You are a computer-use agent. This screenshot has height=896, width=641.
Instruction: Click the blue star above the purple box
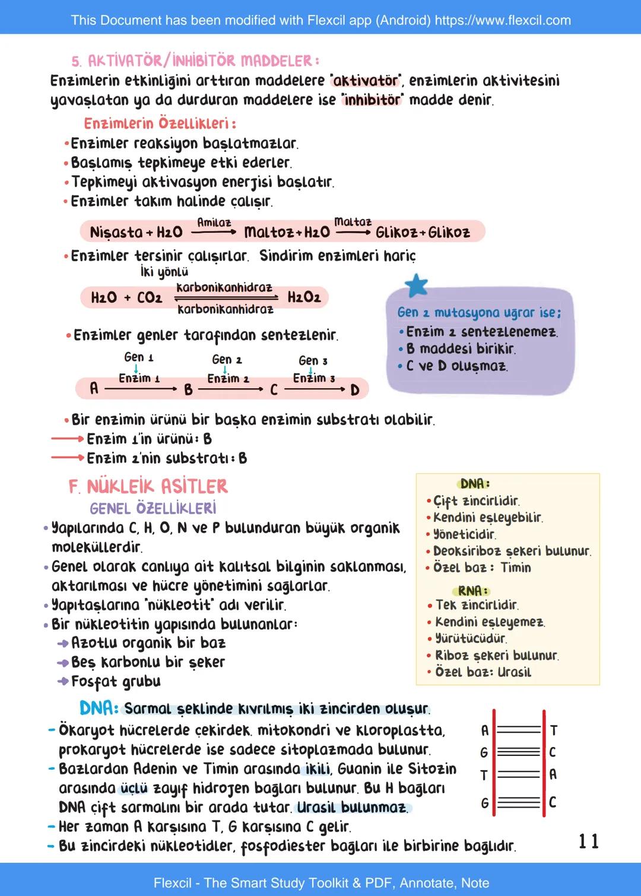[x=417, y=286]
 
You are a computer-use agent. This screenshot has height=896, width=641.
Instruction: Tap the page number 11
[x=589, y=841]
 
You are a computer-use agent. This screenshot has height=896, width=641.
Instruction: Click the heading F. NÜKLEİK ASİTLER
[x=148, y=487]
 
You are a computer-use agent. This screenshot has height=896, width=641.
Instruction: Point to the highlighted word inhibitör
[x=372, y=100]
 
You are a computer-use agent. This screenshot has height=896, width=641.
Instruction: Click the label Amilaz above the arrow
[x=214, y=223]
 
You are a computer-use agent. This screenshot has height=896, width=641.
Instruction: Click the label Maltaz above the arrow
[x=353, y=222]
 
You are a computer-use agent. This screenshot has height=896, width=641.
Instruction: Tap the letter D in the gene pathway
[x=355, y=390]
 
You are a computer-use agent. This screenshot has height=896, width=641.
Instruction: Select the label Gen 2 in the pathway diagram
[x=227, y=360]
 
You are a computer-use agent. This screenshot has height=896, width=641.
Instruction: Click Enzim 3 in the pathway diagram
[x=313, y=378]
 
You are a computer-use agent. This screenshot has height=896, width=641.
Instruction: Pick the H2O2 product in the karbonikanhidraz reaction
[x=304, y=297]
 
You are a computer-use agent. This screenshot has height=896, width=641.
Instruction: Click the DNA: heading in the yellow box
[x=475, y=484]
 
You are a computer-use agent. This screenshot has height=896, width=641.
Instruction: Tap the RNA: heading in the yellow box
[x=473, y=591]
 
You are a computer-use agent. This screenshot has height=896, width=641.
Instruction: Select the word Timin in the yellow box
[x=516, y=568]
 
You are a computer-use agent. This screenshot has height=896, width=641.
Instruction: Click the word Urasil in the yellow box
[x=515, y=672]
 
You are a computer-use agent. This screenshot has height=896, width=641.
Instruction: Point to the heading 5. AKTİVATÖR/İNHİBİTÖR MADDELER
[x=195, y=61]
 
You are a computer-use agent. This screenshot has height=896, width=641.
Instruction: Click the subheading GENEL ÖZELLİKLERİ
[x=153, y=509]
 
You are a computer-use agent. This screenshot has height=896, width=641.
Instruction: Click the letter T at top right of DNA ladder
[x=553, y=730]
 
